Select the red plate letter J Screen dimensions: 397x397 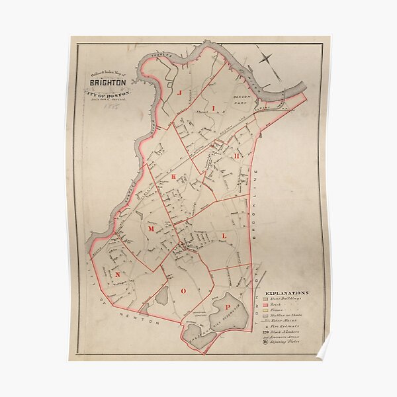click(179, 93)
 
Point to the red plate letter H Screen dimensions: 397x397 click(236, 154)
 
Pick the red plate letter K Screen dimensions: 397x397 click(174, 177)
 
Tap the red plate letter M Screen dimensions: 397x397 click(151, 228)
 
